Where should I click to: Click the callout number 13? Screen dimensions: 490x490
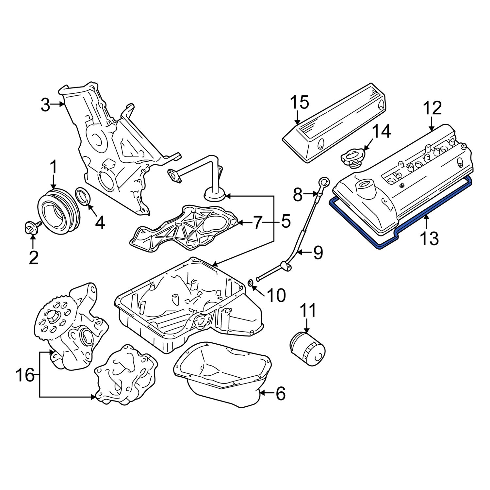pyautogui.click(x=429, y=238)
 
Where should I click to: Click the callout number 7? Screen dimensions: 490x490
pyautogui.click(x=258, y=223)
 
